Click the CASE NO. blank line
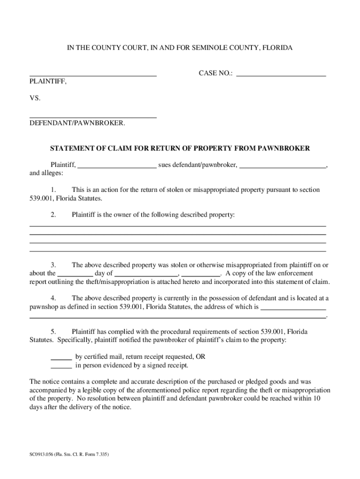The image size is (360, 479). pyautogui.click(x=281, y=74)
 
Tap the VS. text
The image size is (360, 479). pyautogui.click(x=35, y=99)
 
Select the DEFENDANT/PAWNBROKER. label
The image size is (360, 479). pyautogui.click(x=77, y=123)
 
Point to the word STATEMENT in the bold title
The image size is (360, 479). pyautogui.click(x=71, y=148)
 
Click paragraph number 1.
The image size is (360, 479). pyautogui.click(x=53, y=190)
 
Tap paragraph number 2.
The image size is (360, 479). pyautogui.click(x=53, y=215)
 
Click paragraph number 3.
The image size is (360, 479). pyautogui.click(x=53, y=265)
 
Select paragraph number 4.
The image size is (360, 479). pyautogui.click(x=53, y=298)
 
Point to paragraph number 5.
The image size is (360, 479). pyautogui.click(x=53, y=331)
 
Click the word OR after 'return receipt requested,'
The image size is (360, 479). pyautogui.click(x=200, y=356)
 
